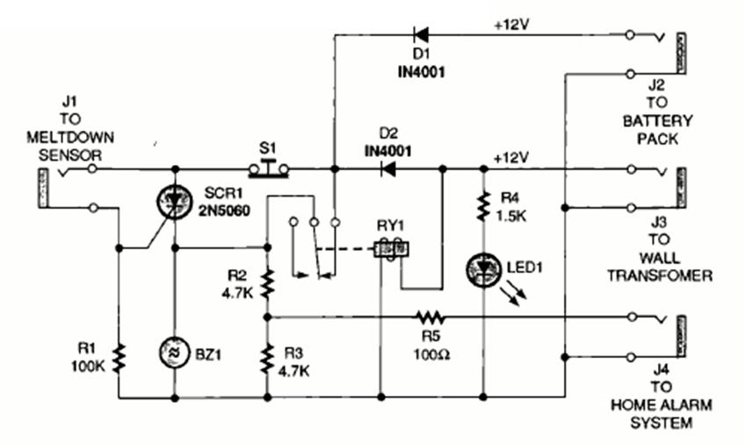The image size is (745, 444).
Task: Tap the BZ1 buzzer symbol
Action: click(174, 354)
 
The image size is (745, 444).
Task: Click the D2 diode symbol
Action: click(386, 169)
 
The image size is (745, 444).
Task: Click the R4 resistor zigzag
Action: click(482, 206)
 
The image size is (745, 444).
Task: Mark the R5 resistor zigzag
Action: click(430, 315)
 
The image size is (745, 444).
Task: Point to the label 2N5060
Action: click(217, 210)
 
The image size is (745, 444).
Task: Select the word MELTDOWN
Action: click(73, 140)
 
